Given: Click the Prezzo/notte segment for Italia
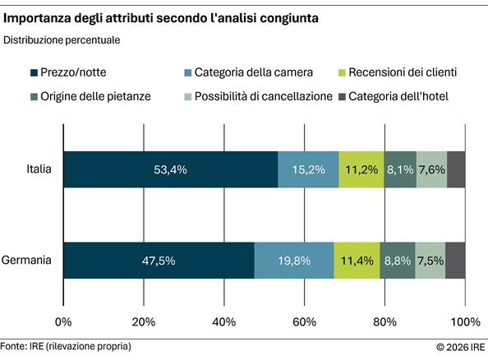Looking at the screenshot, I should point(170,170).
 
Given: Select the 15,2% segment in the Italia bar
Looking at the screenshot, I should point(308,170).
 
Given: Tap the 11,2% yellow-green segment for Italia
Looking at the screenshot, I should point(361,170).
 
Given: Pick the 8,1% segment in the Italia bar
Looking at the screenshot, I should point(400,170).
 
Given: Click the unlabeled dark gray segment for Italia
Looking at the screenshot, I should point(456,170).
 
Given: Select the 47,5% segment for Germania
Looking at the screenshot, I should point(159,261).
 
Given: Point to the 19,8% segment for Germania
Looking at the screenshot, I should point(294,261).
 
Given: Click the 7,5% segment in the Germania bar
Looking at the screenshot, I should point(430,261).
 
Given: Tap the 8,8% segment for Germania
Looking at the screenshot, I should point(398,261).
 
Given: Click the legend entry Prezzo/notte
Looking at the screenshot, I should point(79,72).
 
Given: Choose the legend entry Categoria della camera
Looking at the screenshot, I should point(246,72).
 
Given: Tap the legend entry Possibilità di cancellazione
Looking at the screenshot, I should point(262,97).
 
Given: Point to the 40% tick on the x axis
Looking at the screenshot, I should point(224,321).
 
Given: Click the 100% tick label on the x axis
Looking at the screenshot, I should point(465,321).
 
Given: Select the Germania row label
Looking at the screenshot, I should point(27,261).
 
